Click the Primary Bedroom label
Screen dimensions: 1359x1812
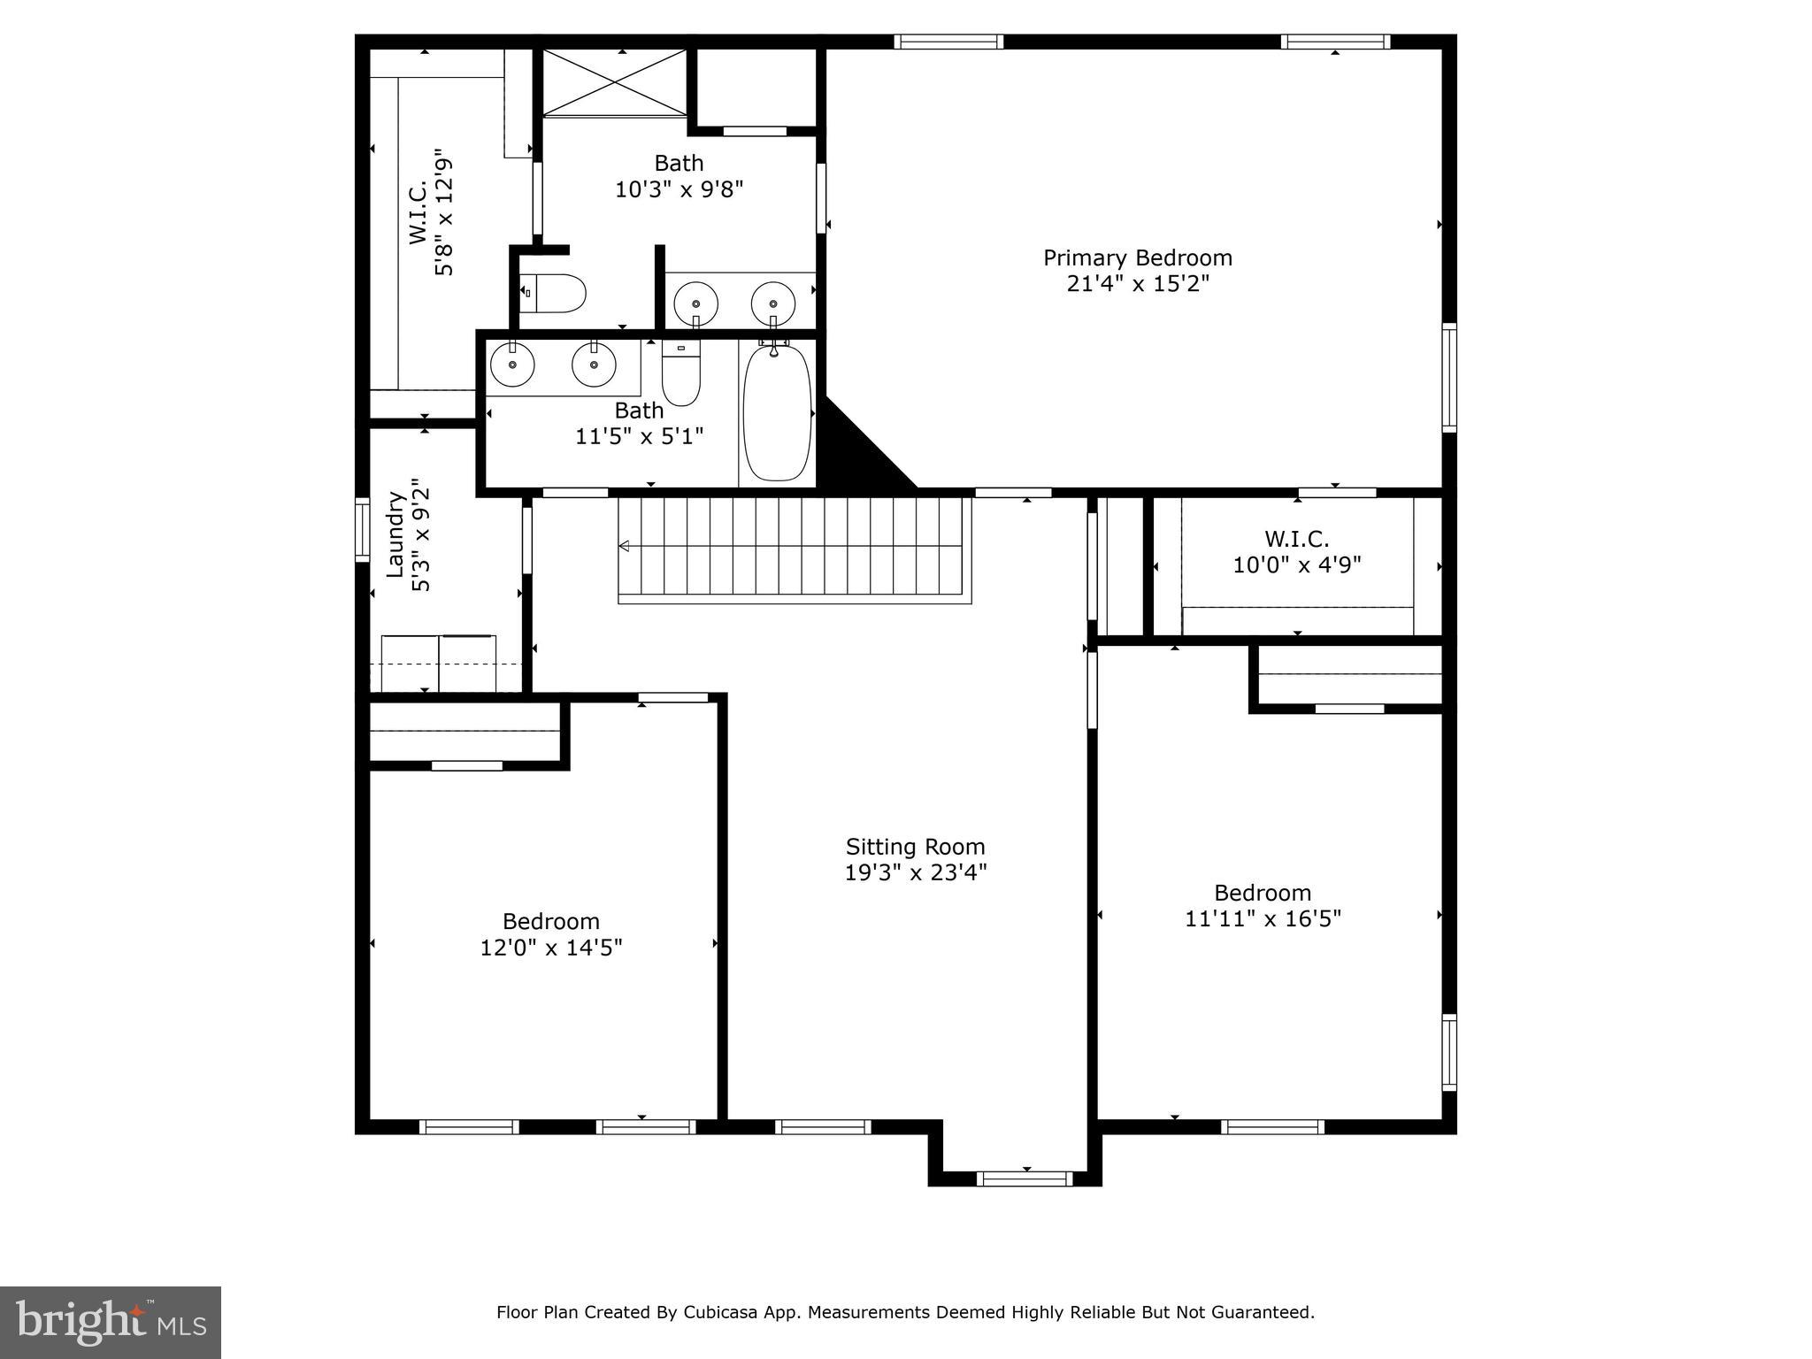click(1137, 257)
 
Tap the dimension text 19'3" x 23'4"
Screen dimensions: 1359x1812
click(915, 872)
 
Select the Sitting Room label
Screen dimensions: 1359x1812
click(915, 847)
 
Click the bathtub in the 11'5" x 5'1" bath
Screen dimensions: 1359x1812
click(776, 414)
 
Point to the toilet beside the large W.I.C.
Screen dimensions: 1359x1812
click(554, 293)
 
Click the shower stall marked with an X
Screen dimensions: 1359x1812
click(614, 81)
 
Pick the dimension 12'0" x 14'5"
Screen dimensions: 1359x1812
click(550, 948)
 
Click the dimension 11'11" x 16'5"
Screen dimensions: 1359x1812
click(1263, 918)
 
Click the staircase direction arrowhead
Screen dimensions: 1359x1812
click(624, 546)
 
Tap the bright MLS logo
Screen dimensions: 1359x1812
click(111, 1322)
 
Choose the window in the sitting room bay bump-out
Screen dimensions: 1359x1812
click(1025, 1178)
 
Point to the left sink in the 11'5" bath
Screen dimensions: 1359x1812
click(512, 365)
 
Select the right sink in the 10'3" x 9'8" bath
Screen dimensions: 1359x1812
click(772, 304)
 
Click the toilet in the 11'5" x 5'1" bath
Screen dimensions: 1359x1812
click(680, 373)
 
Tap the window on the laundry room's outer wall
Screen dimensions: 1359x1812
click(362, 530)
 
